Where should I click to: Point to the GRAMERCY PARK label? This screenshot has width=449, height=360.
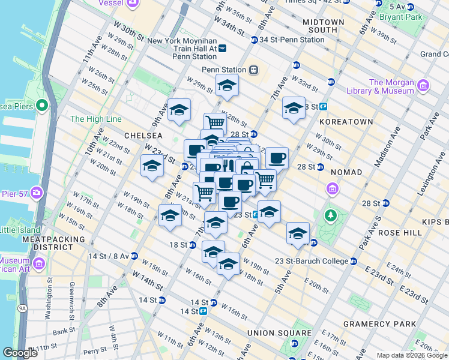click(388, 324)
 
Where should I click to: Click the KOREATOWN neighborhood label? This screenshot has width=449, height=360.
click(346, 121)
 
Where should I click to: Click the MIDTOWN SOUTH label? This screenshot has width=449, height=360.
click(324, 26)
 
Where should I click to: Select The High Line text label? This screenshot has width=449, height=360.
click(96, 119)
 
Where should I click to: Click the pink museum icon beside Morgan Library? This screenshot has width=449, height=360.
click(423, 86)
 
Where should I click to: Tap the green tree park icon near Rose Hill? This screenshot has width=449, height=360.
click(330, 215)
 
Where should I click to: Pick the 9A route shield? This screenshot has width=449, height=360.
click(22, 308)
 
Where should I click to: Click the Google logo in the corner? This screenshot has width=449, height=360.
click(20, 353)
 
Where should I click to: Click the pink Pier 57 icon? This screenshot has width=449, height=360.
click(37, 193)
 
